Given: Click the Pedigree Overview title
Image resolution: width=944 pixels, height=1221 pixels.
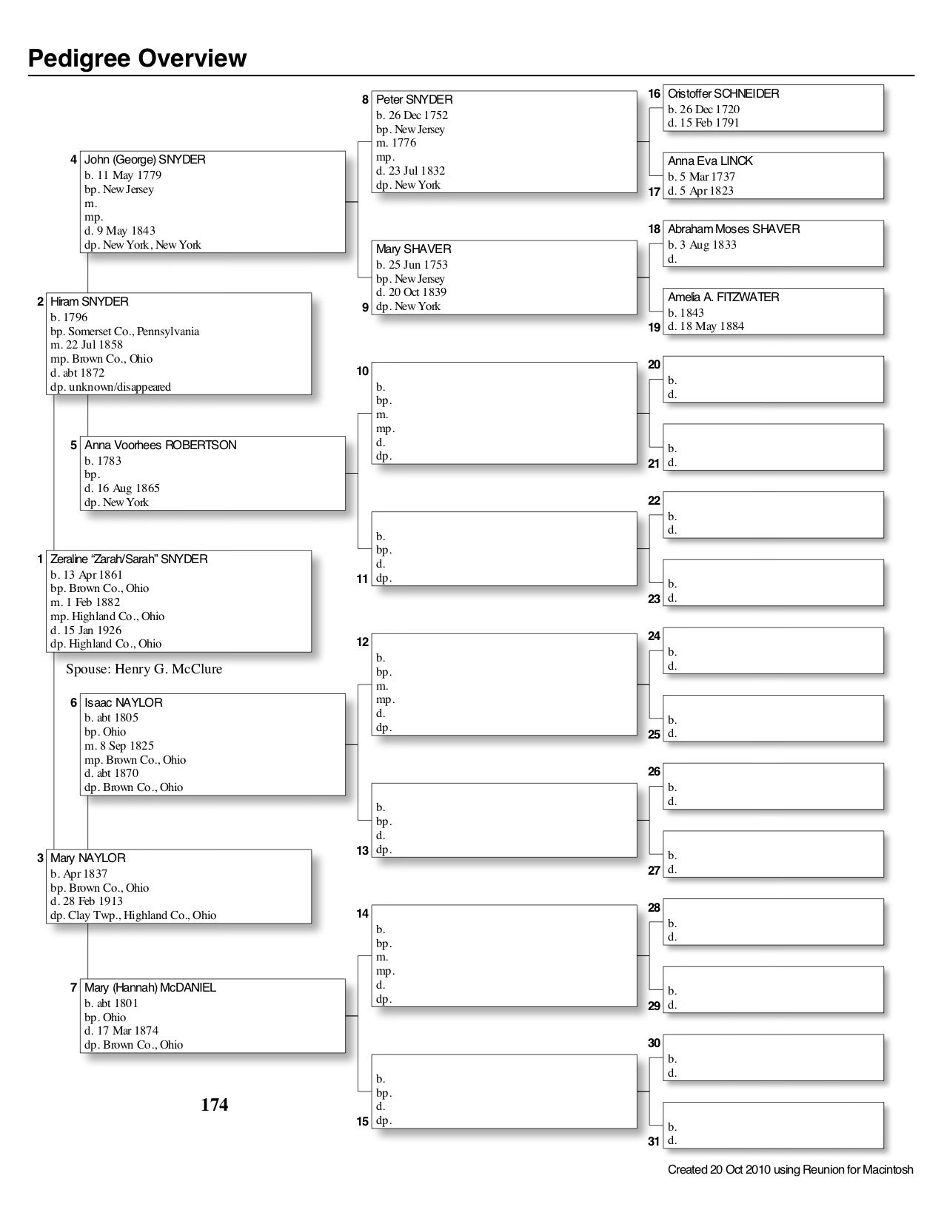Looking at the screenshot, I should tap(137, 58).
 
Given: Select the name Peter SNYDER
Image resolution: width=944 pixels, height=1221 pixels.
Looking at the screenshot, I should tap(414, 100).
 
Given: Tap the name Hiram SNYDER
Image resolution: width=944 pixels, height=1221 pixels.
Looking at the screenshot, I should tap(89, 302).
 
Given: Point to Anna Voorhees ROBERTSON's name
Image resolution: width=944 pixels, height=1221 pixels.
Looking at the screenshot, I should tap(160, 445).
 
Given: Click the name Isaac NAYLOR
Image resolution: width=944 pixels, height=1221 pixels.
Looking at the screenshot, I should tap(123, 702).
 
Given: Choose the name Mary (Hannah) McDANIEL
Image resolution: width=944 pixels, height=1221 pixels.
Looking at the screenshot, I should tap(150, 988).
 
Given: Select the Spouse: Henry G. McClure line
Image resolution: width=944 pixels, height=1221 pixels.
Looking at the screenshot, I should tap(144, 670).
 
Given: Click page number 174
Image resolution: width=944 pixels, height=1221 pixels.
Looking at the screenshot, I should tap(214, 1105).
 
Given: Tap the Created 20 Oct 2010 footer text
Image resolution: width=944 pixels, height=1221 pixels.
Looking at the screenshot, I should tap(790, 1170).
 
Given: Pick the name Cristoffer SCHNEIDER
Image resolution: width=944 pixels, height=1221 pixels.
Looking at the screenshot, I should tap(723, 94).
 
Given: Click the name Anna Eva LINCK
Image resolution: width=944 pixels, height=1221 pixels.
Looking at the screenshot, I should tap(710, 161).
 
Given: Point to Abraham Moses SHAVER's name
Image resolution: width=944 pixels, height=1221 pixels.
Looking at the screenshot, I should tap(733, 229).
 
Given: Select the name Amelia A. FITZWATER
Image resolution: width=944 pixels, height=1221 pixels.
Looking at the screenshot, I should tap(723, 297).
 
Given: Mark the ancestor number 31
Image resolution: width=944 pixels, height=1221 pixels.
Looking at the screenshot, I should tap(654, 1142).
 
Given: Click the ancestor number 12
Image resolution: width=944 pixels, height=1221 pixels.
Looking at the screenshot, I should tap(362, 642).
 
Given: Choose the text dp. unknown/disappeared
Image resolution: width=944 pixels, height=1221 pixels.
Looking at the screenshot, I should tap(110, 387).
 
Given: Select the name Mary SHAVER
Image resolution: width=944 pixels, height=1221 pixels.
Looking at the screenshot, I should tap(413, 249).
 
